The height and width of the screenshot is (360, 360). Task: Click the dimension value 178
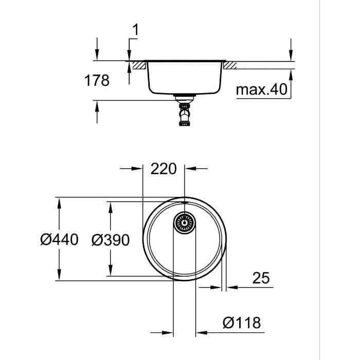pos(97,81)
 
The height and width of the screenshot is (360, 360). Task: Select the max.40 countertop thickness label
pos(261,90)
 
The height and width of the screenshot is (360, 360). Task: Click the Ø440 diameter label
pos(59,239)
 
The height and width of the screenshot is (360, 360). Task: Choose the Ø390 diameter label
pos(110,239)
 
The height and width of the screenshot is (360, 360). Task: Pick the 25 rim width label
pos(261,278)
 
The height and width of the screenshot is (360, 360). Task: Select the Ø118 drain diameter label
pos(242,323)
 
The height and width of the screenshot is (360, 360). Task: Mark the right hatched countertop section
pos(229,65)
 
